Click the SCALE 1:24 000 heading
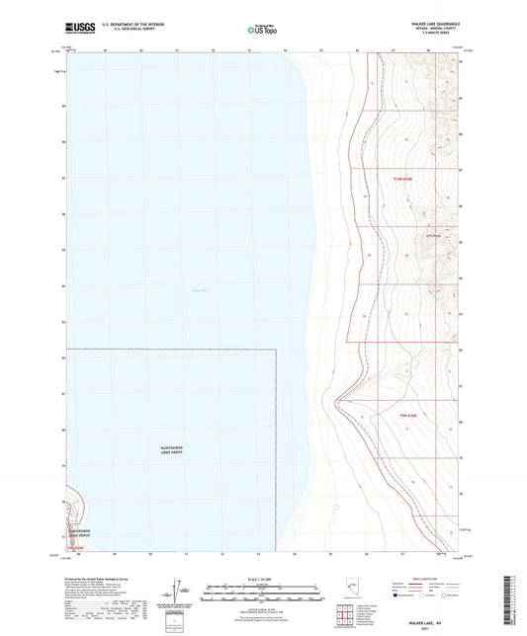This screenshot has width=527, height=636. pyautogui.click(x=263, y=577)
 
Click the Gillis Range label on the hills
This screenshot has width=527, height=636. pyautogui.click(x=432, y=235)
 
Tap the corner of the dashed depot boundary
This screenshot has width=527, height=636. pyautogui.click(x=273, y=350)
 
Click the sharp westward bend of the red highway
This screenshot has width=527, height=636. pyautogui.click(x=338, y=400)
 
